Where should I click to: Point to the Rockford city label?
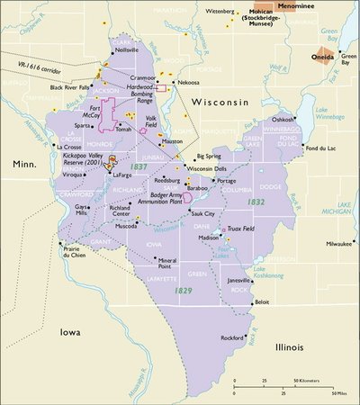click(x=233, y=337)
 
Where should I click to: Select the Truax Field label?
click(x=244, y=227)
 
